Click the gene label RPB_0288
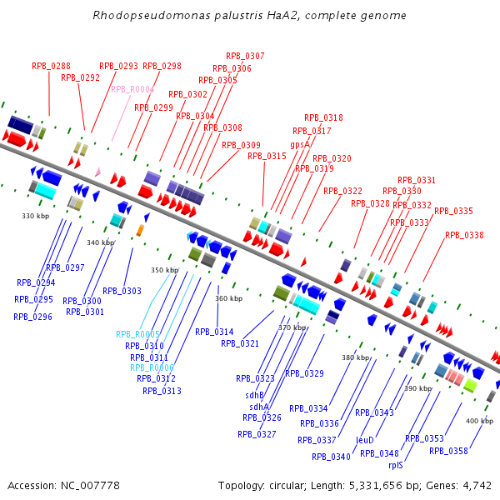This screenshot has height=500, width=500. (x=51, y=65)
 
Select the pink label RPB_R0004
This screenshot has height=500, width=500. (x=132, y=89)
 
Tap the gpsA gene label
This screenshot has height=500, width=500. (x=300, y=144)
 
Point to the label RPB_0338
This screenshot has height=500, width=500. (x=464, y=235)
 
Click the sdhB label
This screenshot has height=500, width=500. (x=254, y=395)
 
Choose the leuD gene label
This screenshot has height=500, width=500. (x=365, y=439)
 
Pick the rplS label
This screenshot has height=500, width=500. (x=396, y=466)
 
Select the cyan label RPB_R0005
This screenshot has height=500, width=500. (x=137, y=334)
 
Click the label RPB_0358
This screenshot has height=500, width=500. (x=449, y=451)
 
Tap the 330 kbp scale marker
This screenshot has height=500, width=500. (x=36, y=216)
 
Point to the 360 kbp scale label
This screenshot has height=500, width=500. (x=229, y=297)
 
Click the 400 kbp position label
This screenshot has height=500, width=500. (x=479, y=421)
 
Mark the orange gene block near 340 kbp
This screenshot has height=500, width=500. (x=140, y=229)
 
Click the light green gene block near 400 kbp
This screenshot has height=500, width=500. (x=469, y=385)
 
